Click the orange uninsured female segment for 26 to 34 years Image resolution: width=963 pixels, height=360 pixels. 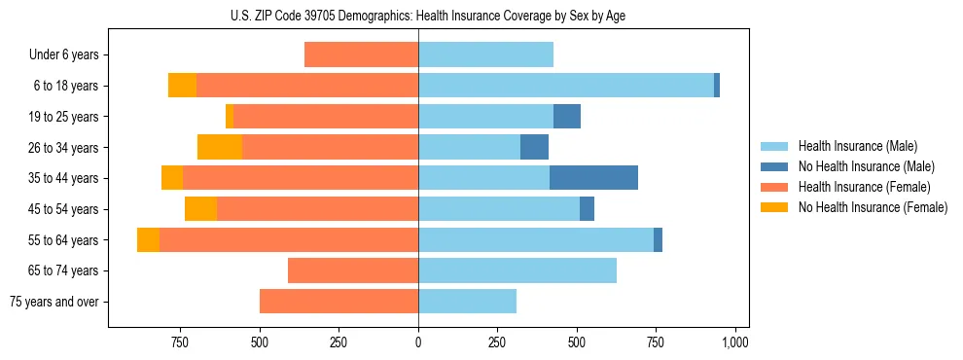pyautogui.click(x=220, y=147)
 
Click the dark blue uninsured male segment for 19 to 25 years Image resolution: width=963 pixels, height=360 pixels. pyautogui.click(x=567, y=117)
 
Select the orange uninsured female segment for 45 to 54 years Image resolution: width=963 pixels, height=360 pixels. pyautogui.click(x=200, y=209)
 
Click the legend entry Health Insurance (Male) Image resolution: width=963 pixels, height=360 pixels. pyautogui.click(x=857, y=146)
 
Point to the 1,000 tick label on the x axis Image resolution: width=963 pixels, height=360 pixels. pyautogui.click(x=735, y=342)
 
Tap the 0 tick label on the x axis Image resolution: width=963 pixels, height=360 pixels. pyautogui.click(x=418, y=342)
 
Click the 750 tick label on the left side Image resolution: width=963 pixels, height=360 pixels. pyautogui.click(x=179, y=342)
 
